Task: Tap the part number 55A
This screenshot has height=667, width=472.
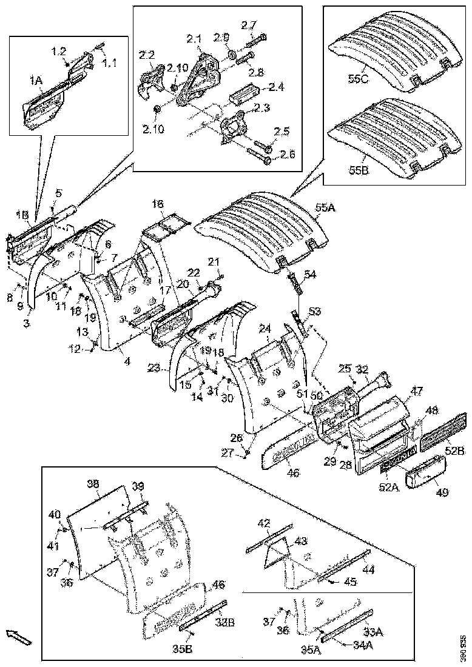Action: tap(326, 208)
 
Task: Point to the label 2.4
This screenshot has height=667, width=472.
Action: tap(277, 87)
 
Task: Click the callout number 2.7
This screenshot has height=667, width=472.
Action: tap(249, 25)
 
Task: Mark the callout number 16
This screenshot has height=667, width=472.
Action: tap(158, 206)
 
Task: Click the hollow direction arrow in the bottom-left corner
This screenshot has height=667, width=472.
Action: tap(16, 636)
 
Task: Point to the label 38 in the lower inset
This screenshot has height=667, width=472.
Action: tap(93, 484)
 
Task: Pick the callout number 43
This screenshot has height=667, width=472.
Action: tap(300, 541)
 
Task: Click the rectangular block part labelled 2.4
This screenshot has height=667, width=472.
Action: tap(246, 96)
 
